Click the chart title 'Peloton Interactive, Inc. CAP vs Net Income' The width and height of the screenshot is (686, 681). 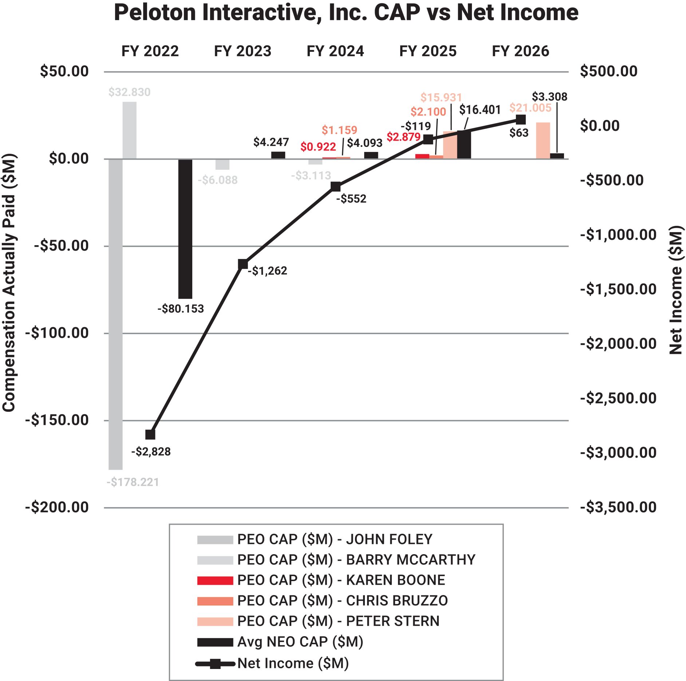[x=346, y=13]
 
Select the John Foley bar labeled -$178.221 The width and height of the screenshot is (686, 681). [x=115, y=314]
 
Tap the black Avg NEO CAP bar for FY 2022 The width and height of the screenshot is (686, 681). [x=185, y=229]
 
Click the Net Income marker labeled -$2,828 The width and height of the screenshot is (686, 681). [x=150, y=434]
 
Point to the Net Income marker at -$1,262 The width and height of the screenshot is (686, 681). [x=243, y=264]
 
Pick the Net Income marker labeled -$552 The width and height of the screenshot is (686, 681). [x=336, y=187]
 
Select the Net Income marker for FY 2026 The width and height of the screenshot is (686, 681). [x=521, y=119]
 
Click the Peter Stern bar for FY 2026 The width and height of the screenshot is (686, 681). [x=543, y=141]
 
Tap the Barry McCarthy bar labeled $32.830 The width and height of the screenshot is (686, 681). [x=129, y=130]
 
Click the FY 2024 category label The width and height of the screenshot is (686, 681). [x=335, y=51]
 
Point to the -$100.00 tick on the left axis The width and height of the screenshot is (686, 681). [x=57, y=333]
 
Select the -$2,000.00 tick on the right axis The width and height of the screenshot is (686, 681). [x=618, y=344]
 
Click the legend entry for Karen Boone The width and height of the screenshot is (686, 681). [x=321, y=580]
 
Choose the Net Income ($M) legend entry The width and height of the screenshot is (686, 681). [x=272, y=663]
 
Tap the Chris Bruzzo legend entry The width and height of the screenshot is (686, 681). [x=322, y=600]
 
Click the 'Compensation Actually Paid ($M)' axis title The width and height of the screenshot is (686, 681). [x=9, y=283]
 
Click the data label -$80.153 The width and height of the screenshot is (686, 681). [x=181, y=309]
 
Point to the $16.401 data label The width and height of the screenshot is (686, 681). [x=480, y=110]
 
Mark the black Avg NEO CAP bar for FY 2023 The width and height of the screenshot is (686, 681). [x=278, y=155]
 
